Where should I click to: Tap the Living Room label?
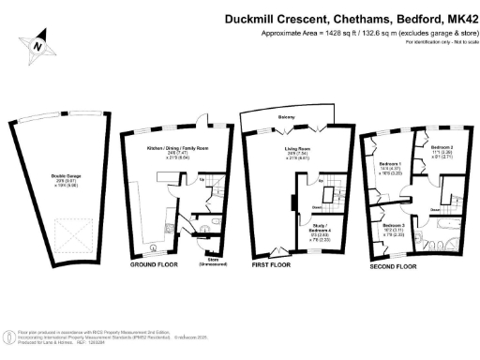[296, 148]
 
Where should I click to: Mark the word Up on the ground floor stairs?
[203, 178]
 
